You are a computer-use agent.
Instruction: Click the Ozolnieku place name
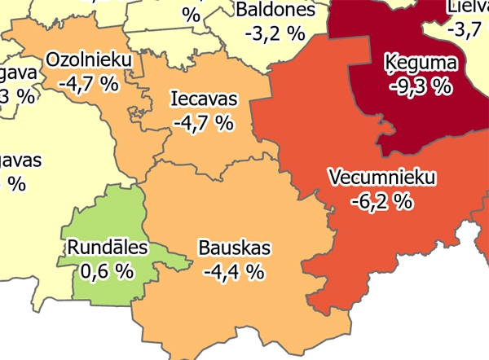coord(84,59)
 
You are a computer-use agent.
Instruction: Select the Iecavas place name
coord(204,99)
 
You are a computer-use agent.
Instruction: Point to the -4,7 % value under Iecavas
coord(204,123)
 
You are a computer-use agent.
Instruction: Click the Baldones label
coord(275,10)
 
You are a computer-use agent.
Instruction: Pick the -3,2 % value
coord(275,33)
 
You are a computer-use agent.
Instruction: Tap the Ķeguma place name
coord(421,63)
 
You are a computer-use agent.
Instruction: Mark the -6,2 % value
coord(381,200)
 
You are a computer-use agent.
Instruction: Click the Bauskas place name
coord(234,248)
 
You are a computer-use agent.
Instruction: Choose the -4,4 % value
coord(234,271)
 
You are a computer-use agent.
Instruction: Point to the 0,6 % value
coord(107,271)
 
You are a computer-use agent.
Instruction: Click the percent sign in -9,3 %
coord(442,86)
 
